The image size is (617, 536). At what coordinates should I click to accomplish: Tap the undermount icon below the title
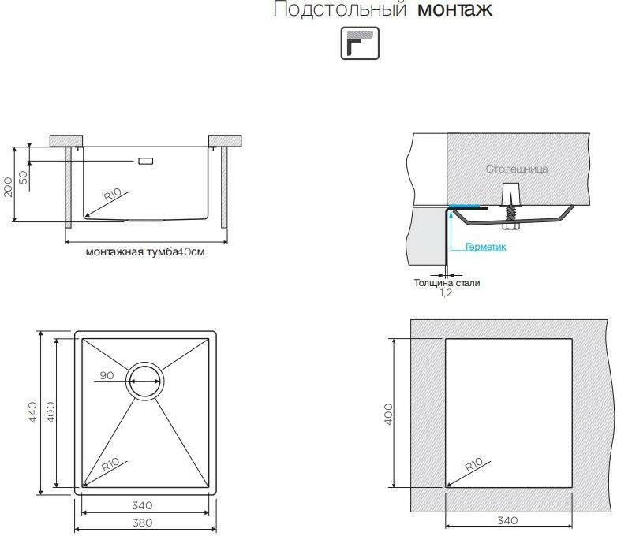360,43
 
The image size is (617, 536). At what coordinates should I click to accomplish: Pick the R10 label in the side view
110,195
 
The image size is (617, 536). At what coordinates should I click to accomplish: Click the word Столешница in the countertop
517,169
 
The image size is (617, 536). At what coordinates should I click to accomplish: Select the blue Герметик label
485,247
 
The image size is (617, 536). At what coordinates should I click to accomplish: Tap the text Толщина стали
447,282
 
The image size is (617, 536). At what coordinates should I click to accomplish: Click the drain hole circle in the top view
146,382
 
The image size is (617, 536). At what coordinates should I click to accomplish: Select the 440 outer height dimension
33,412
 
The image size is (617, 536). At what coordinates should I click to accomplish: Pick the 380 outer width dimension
143,522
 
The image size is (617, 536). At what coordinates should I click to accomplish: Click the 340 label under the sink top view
143,505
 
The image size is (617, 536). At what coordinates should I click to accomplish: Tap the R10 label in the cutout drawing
473,467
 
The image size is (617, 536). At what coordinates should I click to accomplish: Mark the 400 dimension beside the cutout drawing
388,414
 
